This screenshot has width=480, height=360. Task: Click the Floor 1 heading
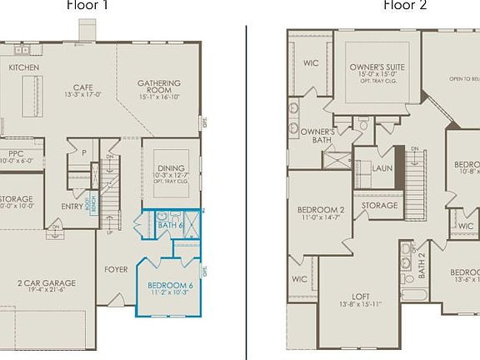click(x=87, y=5)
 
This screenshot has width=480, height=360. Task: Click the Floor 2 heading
click(x=405, y=5)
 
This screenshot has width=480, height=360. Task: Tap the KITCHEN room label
click(x=24, y=67)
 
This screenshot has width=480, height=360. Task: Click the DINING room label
click(x=171, y=168)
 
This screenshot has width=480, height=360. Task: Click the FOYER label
click(x=116, y=269)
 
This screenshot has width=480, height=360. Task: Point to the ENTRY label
click(x=72, y=207)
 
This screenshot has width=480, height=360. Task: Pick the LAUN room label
click(x=382, y=167)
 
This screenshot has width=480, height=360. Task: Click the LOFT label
click(x=361, y=296)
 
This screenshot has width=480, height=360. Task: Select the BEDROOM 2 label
click(x=320, y=210)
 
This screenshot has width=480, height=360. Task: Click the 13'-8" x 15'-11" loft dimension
click(x=361, y=305)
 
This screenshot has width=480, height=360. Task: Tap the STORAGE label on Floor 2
click(x=379, y=206)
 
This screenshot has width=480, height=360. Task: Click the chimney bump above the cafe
click(x=87, y=29)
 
